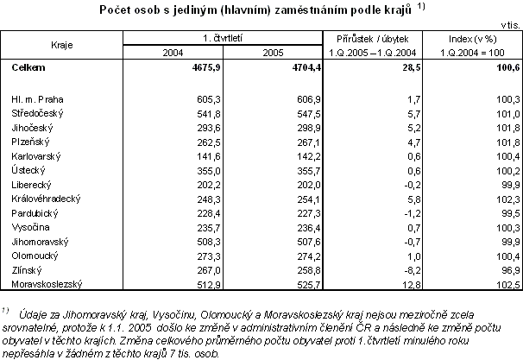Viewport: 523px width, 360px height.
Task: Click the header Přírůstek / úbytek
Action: [376, 39]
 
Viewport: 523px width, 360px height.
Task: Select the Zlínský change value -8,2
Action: [412, 269]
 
